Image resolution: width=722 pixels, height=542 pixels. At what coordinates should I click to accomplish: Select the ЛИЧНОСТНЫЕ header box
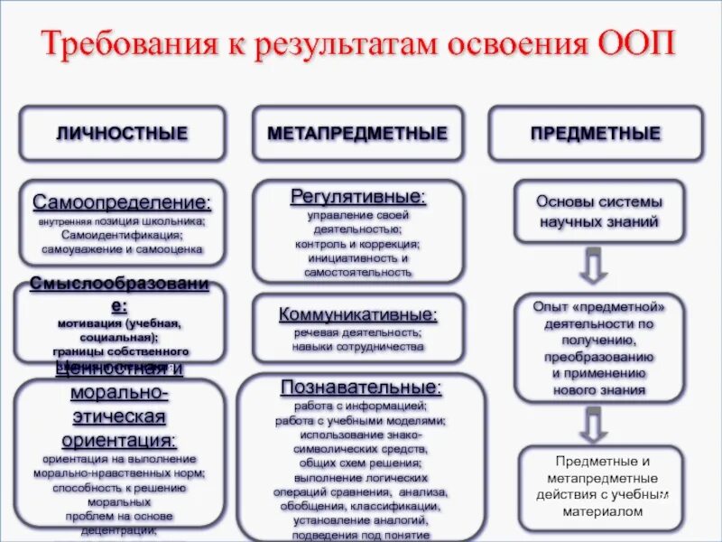(x=123, y=134)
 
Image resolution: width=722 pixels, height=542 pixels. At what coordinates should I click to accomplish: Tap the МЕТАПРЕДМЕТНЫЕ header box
(x=357, y=134)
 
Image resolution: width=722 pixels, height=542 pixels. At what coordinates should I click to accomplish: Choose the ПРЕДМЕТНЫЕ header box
(x=596, y=134)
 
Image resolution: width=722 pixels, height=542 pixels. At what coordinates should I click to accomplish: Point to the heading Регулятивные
(x=358, y=196)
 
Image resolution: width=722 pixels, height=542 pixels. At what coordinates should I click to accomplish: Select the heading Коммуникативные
(x=358, y=314)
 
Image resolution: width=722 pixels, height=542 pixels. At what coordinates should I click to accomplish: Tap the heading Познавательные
(x=361, y=387)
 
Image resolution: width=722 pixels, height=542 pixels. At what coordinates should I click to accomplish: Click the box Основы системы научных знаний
(x=599, y=211)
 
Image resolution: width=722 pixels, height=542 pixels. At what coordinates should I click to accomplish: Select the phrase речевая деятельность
(x=357, y=332)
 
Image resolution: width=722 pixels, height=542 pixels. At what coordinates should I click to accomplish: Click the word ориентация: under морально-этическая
(x=119, y=440)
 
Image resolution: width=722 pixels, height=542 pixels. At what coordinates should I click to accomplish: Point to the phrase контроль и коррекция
(x=358, y=244)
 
